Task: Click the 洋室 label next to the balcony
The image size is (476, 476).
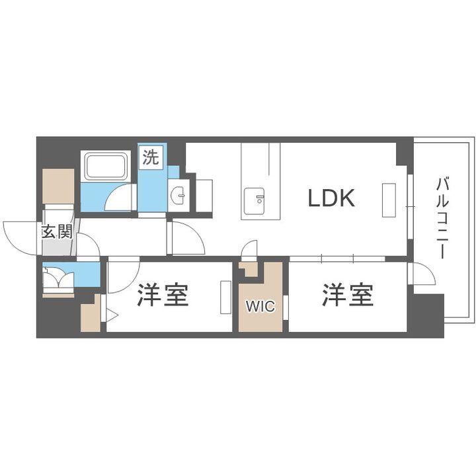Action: (348, 296)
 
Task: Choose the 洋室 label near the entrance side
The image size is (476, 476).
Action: (163, 296)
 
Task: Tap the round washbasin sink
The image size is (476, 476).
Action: (178, 196)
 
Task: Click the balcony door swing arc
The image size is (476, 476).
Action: (422, 272)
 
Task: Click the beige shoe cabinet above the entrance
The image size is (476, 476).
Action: (58, 187)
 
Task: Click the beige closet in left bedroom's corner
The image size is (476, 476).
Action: (91, 315)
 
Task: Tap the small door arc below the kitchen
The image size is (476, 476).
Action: (250, 250)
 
